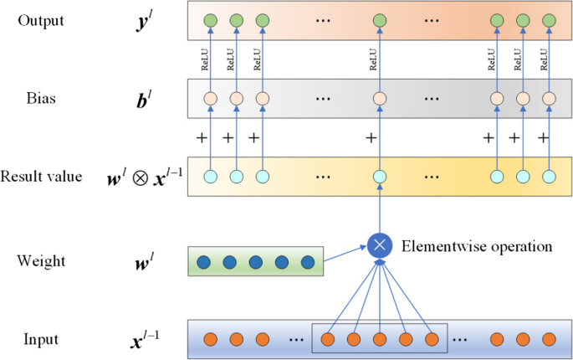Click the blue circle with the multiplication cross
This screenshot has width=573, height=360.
(x=380, y=245)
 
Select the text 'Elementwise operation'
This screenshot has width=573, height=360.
(x=477, y=246)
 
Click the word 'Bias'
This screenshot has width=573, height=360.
(x=39, y=99)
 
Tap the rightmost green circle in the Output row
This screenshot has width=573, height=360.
(x=550, y=20)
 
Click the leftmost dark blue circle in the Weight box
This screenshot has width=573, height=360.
(x=202, y=262)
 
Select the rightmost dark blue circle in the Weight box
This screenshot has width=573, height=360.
(x=306, y=262)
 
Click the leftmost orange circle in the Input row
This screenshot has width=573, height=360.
(x=210, y=340)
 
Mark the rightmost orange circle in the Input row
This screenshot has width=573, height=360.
(x=550, y=340)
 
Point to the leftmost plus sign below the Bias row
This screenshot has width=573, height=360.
(x=201, y=137)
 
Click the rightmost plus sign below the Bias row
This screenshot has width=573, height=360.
(x=543, y=137)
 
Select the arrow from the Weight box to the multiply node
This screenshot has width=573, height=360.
(x=345, y=254)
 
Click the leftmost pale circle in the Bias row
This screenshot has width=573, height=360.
(x=210, y=99)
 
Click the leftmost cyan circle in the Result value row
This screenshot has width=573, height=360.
(x=210, y=177)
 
